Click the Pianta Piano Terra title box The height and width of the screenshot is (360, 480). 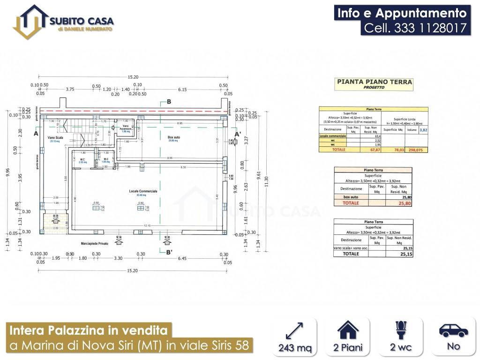(374, 84)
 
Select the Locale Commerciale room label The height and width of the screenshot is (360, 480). (143, 191)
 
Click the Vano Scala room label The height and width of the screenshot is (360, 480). (55, 138)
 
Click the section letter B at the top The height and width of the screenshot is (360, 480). (169, 102)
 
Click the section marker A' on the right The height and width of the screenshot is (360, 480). (237, 133)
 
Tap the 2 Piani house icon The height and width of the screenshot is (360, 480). (348, 330)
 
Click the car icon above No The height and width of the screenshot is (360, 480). (453, 330)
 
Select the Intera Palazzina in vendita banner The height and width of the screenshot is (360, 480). (89, 330)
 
